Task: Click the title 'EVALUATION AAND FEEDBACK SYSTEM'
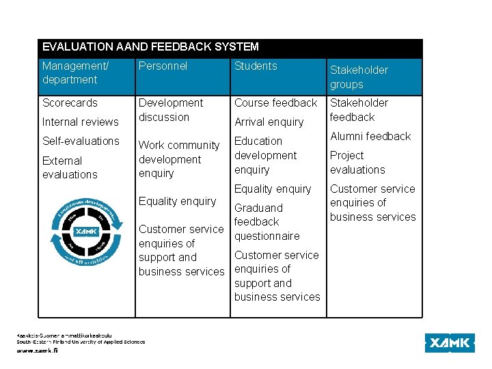pos(150,47)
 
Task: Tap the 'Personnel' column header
pos(163,66)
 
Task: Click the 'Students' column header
pos(256,66)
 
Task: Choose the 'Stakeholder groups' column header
pos(359,77)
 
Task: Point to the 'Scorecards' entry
pos(70,103)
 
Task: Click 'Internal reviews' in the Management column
pos(80,122)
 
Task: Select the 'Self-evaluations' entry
pos(81,141)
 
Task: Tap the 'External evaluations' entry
pos(70,167)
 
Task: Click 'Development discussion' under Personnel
pos(171,110)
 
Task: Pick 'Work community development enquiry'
pos(179,159)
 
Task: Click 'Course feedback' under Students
pos(275,103)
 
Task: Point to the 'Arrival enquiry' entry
pos(269,122)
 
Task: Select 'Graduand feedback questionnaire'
pos(266,222)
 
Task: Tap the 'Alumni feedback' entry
pos(370,137)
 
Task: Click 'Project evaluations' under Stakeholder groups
pos(357,163)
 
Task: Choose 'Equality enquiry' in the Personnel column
pos(177,202)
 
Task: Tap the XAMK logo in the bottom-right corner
pos(450,343)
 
